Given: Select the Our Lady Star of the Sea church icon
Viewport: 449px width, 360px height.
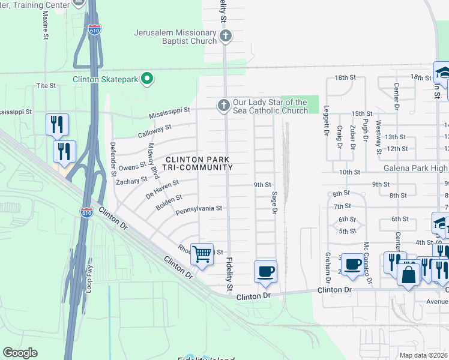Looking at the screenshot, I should tap(223, 106).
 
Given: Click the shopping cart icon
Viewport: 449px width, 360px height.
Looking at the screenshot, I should tap(202, 254).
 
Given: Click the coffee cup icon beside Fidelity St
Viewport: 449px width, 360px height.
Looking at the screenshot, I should tap(265, 271).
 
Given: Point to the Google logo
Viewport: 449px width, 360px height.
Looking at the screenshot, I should tap(20, 352).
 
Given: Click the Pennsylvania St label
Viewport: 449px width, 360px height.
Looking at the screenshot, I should tap(199, 209).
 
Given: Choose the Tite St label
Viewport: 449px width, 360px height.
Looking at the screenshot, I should tap(46, 86).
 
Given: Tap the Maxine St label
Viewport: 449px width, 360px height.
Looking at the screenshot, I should tap(46, 25).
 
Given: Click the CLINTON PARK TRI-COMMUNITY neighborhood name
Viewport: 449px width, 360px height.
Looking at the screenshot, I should tap(194, 163).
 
